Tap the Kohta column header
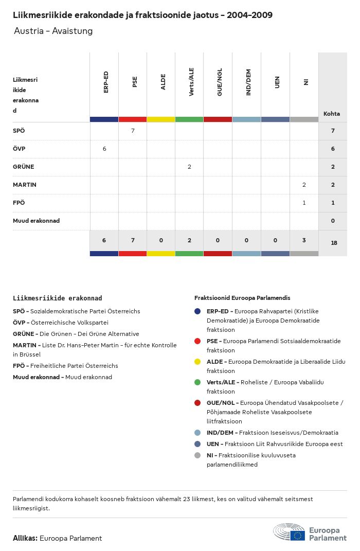pos(332,114)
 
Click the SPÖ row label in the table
pos(19,131)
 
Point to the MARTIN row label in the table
pos(25,185)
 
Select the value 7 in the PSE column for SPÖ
pos(133,131)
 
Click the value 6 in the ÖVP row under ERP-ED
pos(104,149)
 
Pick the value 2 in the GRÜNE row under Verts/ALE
pos(189,167)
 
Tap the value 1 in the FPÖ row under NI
pos(304,203)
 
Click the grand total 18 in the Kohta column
pos(334,243)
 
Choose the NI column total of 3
pos(304,240)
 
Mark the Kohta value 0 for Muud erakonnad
pos(333,221)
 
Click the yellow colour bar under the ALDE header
pos(161,119)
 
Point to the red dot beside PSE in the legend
pos(197,341)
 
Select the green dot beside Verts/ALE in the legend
pos(197,382)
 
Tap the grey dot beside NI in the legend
pos(197,455)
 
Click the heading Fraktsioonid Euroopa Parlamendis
pos(242,298)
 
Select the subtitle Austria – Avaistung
pos(53,31)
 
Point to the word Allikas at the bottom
pos(25,538)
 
